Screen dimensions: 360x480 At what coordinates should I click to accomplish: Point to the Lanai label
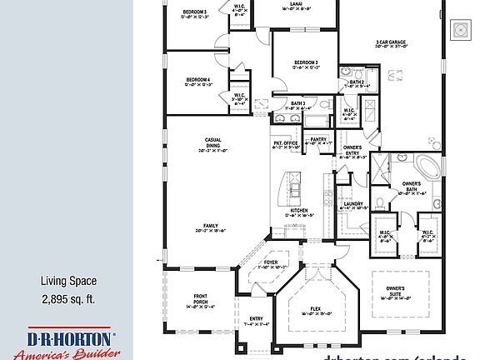[x=296, y=4]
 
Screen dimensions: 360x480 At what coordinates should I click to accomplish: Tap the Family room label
[x=211, y=226]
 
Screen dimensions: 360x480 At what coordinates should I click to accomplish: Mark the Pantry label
[x=318, y=139]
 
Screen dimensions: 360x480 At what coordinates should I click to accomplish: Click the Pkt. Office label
[x=286, y=142]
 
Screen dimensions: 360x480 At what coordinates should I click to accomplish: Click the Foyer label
[x=271, y=262]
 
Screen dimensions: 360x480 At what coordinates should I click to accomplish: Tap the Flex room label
[x=316, y=309]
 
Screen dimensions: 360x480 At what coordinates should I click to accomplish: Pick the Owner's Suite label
[x=395, y=290]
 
